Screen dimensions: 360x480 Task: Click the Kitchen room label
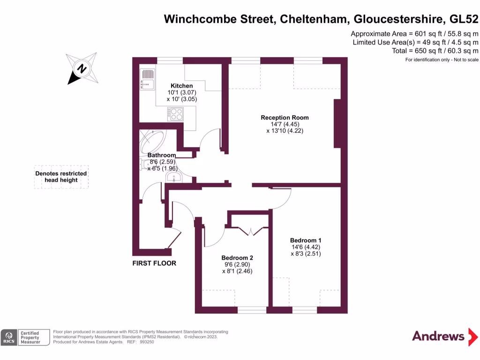click(x=181, y=86)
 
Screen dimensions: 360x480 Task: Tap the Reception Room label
click(x=285, y=118)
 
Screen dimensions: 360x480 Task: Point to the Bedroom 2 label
click(x=237, y=258)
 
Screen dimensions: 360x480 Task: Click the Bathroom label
click(x=162, y=155)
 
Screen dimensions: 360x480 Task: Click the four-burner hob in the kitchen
click(x=176, y=114)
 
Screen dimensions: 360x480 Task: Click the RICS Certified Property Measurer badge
click(x=25, y=337)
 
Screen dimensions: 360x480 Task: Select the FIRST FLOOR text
click(x=154, y=263)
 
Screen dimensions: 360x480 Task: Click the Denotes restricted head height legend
click(x=61, y=177)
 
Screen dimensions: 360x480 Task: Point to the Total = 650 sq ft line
click(x=435, y=51)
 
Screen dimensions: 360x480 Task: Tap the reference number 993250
click(x=146, y=342)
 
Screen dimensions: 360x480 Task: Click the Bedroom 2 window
click(x=252, y=309)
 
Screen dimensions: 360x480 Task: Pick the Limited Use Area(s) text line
click(x=415, y=42)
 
